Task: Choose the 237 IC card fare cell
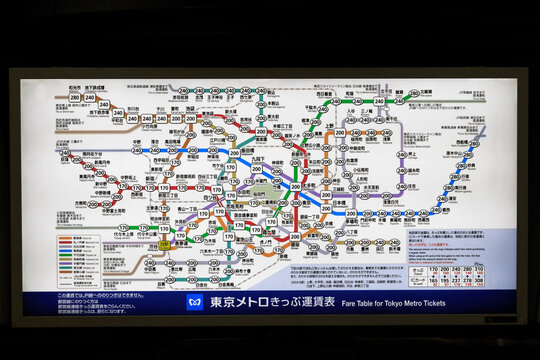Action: [456, 281]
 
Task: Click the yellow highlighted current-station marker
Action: [163, 244]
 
